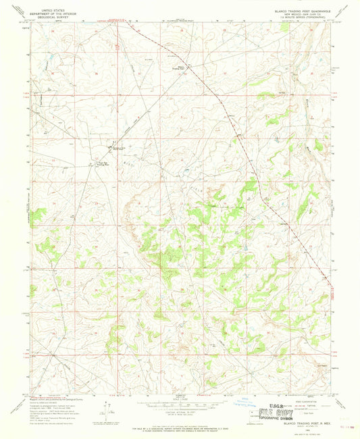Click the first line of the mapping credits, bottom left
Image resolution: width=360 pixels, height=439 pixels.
pyautogui.click(x=47, y=396)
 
